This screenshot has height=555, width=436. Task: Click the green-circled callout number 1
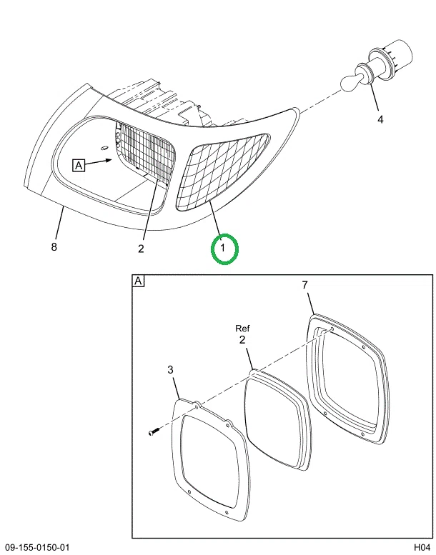[x=223, y=248]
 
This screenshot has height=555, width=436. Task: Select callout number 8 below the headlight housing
[x=54, y=246]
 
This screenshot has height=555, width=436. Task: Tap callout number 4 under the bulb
[x=380, y=119]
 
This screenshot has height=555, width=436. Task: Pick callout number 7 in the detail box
[x=305, y=285]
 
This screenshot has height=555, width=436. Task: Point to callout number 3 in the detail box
[x=170, y=370]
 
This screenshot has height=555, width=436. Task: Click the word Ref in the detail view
[x=242, y=329]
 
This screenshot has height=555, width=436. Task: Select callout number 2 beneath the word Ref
[x=242, y=340]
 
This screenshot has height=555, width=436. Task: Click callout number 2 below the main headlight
[x=141, y=249]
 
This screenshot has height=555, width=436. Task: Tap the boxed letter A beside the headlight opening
[x=79, y=165]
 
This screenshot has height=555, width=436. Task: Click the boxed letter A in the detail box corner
[x=138, y=281]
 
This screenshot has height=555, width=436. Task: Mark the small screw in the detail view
[x=154, y=431]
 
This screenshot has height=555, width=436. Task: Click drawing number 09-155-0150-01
[x=37, y=548]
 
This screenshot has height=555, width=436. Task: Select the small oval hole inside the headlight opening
[x=104, y=148]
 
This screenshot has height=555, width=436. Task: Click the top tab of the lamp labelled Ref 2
[x=254, y=371]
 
